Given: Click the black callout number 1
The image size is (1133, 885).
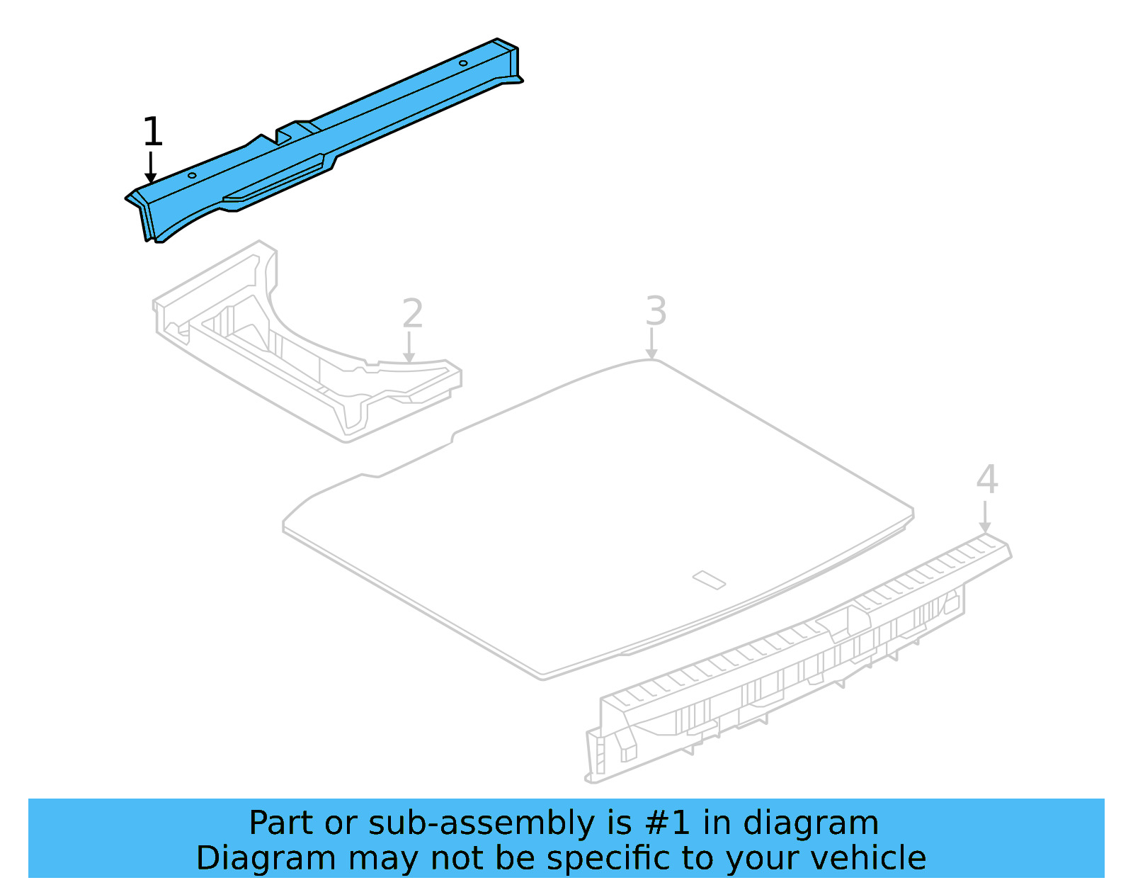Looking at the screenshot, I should tap(152, 132).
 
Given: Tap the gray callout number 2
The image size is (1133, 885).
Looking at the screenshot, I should tap(412, 313).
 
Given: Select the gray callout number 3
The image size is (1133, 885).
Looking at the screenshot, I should tap(656, 311).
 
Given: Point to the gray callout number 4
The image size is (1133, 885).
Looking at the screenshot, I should tap(986, 480).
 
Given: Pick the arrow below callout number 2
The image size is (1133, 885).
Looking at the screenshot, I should tap(409, 348).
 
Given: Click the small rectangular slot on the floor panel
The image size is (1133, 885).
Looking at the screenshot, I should tap(709, 580).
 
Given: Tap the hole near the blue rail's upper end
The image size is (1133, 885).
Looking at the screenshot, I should tap(463, 63).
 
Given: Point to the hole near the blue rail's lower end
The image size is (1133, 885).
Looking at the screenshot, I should tap(192, 175).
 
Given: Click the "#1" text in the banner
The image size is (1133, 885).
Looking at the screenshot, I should tap(668, 823).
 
